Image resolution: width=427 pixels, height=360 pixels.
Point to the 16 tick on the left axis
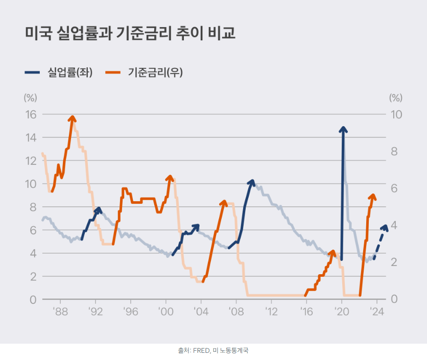[x=31, y=114]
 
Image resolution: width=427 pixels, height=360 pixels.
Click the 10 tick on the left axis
[x=31, y=184]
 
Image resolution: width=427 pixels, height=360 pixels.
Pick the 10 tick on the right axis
[x=396, y=114]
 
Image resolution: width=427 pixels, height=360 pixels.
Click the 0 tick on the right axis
[x=394, y=299]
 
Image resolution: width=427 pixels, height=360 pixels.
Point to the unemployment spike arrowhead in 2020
[x=343, y=129]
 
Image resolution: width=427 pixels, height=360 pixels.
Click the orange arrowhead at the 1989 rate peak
[x=72, y=118]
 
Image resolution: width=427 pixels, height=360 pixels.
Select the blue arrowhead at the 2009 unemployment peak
[x=251, y=182]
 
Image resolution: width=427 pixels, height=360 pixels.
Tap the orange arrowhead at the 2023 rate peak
[x=373, y=197]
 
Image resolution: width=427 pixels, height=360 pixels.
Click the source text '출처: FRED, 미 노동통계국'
[x=213, y=351]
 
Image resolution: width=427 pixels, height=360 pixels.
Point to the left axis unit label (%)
[x=31, y=98]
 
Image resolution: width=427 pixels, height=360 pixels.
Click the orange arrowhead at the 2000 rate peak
[x=170, y=178]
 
